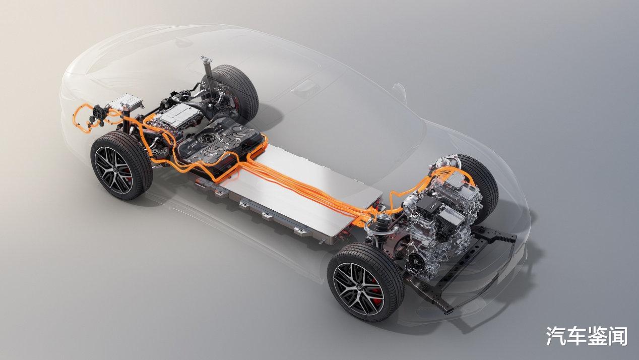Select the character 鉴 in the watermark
tap(597, 336)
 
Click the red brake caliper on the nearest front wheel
tap(376, 289)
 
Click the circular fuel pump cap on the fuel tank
tap(205, 139)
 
